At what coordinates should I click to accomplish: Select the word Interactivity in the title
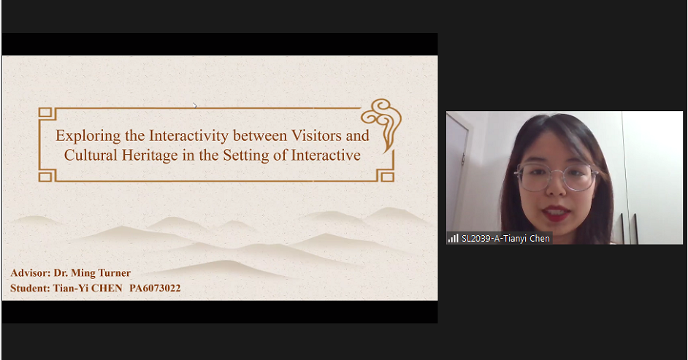coord(188,136)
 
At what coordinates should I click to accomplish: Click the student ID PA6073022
coord(155,288)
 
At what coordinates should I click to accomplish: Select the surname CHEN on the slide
coord(107,288)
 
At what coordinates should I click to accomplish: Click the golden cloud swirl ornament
coord(382,120)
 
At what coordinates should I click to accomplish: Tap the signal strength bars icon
coord(453,238)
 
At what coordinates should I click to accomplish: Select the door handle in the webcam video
coord(463,158)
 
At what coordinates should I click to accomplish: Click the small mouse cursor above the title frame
coord(195,105)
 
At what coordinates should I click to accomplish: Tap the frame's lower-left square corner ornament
coord(45,176)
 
